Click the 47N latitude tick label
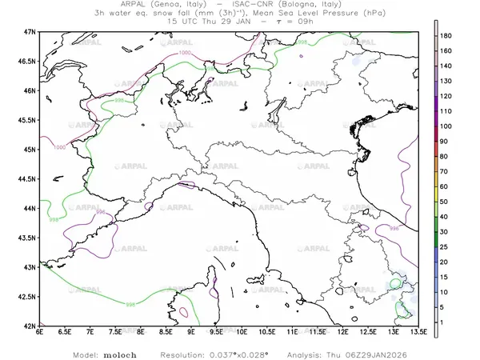[31, 31]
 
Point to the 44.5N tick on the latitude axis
[28, 178]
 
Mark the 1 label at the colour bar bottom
[446, 322]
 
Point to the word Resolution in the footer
[186, 352]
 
